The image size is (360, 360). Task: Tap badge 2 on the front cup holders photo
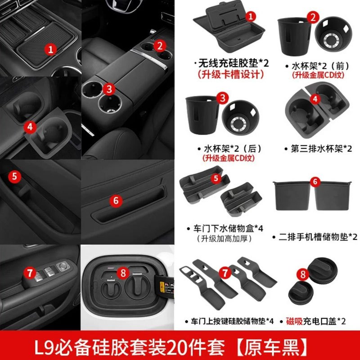(x=158, y=45)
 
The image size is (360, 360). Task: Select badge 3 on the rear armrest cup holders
(x=108, y=89)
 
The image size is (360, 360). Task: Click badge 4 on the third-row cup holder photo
(x=29, y=127)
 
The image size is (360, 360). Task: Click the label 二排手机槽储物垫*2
(x=315, y=237)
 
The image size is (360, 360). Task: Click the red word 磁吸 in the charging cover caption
(x=293, y=321)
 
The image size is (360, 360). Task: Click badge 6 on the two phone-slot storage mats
(x=315, y=182)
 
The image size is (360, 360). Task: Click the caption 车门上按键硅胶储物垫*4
(x=229, y=321)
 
